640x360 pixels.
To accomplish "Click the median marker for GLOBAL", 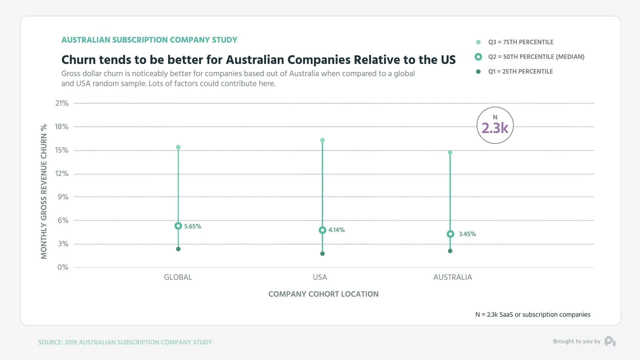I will coord(178,226).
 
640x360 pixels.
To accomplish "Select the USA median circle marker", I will coord(322,230).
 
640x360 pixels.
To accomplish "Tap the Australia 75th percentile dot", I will coord(450,153).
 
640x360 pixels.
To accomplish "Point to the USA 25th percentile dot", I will coord(322,254).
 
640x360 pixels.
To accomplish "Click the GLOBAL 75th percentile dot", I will coord(178,147).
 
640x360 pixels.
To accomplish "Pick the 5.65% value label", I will coord(193,226).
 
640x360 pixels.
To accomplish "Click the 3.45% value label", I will coord(467,234).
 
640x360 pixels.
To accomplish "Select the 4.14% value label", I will coord(337,230).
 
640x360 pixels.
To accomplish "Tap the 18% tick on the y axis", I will coord(62,127).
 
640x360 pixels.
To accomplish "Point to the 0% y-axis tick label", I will coord(63,267).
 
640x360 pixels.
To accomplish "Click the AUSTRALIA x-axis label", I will coord(453,277).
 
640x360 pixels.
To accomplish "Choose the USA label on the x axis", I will coord(320,277).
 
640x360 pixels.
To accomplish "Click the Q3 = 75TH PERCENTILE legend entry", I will coord(521,42).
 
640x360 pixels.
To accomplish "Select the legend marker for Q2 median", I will coord(478,57).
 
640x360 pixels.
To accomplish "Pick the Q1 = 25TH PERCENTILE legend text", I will coord(520,72).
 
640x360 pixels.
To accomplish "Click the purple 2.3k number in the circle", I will coord(495,128).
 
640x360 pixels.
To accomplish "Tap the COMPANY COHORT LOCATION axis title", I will coord(323,294).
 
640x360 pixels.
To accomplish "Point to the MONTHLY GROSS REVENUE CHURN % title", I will coord(44,192).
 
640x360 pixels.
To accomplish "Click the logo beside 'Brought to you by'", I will coord(610,341).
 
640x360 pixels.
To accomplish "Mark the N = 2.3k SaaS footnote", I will coord(533,315).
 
